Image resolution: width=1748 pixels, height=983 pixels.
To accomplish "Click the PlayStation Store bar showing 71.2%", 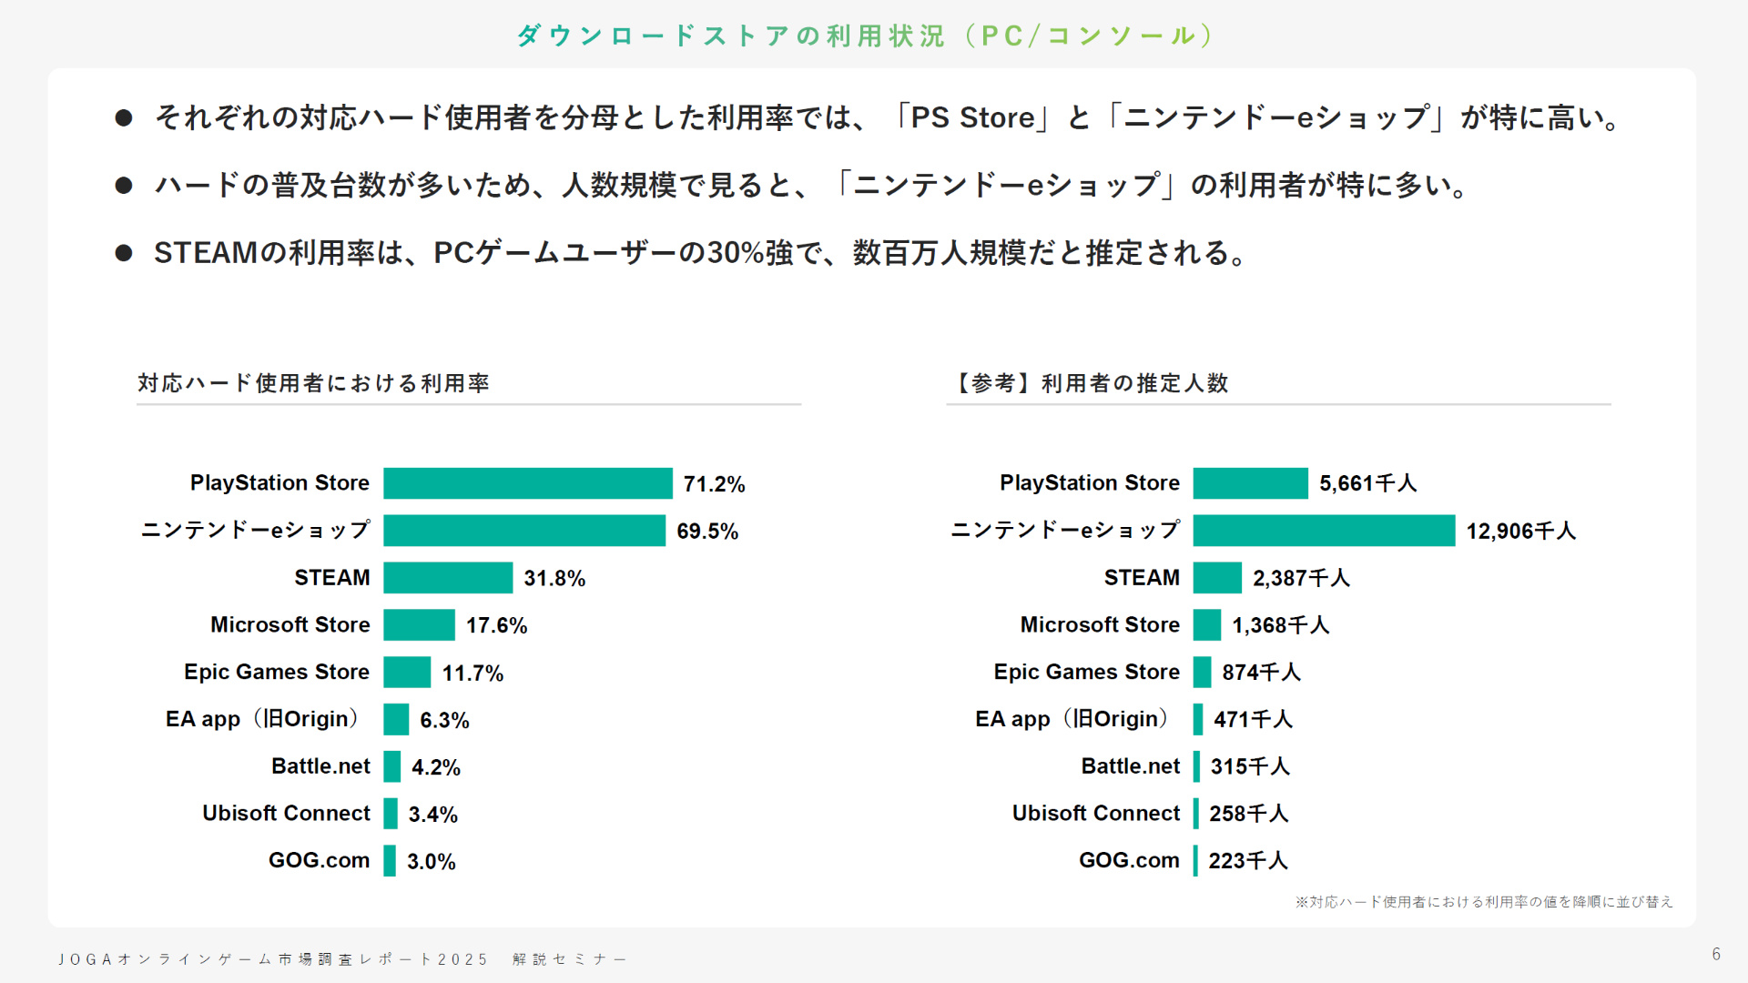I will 527,483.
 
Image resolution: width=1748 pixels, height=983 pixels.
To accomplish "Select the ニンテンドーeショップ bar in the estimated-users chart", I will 1323,531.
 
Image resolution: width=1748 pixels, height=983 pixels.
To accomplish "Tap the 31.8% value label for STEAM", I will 554,578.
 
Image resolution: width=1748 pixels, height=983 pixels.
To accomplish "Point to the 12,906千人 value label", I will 1520,531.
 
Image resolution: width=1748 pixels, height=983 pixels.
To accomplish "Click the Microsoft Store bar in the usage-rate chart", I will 419,625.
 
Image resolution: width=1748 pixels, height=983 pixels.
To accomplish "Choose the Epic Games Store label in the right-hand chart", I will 1086,672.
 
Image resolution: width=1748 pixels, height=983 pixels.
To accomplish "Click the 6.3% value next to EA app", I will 444,720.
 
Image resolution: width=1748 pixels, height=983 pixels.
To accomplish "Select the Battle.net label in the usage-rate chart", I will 320,766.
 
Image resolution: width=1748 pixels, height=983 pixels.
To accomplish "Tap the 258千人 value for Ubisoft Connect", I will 1248,814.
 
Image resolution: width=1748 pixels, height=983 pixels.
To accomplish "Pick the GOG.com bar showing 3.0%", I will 390,861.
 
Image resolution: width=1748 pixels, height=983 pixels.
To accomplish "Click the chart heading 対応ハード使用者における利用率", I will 314,383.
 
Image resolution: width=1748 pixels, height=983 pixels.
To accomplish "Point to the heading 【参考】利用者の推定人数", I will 1090,383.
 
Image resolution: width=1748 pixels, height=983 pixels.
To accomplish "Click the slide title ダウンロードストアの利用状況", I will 865,35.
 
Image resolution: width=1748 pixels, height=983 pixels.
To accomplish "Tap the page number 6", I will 1716,954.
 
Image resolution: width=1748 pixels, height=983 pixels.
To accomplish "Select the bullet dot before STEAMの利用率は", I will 124,253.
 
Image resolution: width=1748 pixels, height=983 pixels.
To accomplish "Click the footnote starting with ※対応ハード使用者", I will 1483,902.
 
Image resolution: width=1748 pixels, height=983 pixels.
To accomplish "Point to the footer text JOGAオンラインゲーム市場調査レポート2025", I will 273,959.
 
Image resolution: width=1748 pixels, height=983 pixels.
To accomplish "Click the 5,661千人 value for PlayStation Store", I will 1367,483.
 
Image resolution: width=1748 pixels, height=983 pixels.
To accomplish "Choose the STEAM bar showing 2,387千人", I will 1217,578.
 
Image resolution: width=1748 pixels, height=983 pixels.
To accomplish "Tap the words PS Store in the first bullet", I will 972,118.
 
